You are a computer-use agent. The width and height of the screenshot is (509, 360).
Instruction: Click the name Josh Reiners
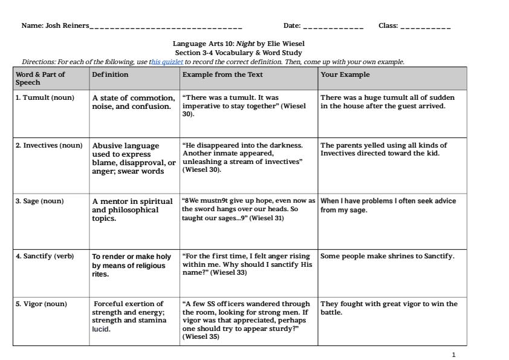(x=67, y=26)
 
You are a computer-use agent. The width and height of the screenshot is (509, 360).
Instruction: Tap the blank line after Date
(x=333, y=27)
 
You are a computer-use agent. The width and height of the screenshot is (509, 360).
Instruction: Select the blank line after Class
(x=425, y=27)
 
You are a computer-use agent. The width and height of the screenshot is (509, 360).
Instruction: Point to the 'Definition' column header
(x=110, y=75)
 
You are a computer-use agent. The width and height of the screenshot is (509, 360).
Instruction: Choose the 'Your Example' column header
(x=345, y=75)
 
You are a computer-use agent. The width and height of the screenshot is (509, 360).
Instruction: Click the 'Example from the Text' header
(x=222, y=75)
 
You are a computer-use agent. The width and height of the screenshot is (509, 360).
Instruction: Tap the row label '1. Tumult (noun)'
(x=45, y=97)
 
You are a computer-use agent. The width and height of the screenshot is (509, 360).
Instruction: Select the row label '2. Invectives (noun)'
(x=49, y=145)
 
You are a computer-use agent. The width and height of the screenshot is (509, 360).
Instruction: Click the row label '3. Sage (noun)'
(x=40, y=201)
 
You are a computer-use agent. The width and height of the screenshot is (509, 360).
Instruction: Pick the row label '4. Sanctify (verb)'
(x=45, y=256)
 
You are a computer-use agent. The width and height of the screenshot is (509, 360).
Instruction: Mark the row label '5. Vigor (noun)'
(x=41, y=304)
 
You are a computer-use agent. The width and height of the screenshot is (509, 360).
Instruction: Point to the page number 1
(x=454, y=355)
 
